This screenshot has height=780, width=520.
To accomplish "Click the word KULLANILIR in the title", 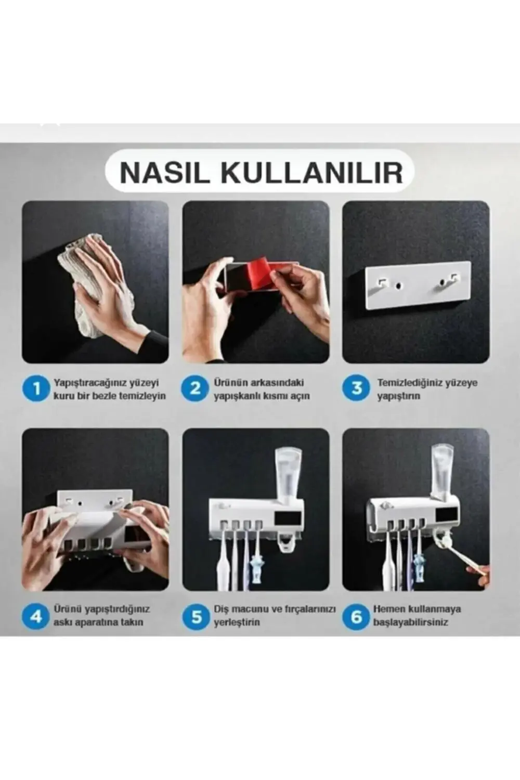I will pos(311,173).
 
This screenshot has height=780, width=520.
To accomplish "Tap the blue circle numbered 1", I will pos(36,388).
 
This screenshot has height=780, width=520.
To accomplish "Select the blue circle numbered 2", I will pos(195,388).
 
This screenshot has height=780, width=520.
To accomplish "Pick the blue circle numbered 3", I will pos(356,388).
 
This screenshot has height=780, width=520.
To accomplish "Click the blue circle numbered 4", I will pos(36,616).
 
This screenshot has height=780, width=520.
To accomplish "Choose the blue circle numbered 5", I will pos(196,616).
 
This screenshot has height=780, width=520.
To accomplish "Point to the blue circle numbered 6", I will pos(356,616).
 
